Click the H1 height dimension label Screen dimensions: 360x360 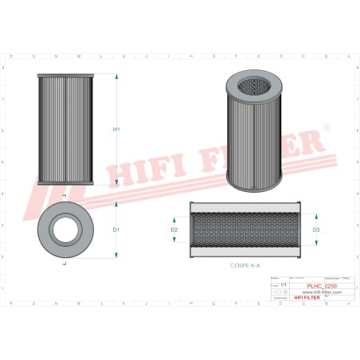coord(117,129)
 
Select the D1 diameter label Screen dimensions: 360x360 coord(116,230)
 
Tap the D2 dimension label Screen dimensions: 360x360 coord(174,230)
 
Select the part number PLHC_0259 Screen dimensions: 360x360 coord(322,284)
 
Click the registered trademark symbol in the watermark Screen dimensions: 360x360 coord(325,126)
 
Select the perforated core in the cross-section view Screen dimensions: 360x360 coord(245,229)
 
